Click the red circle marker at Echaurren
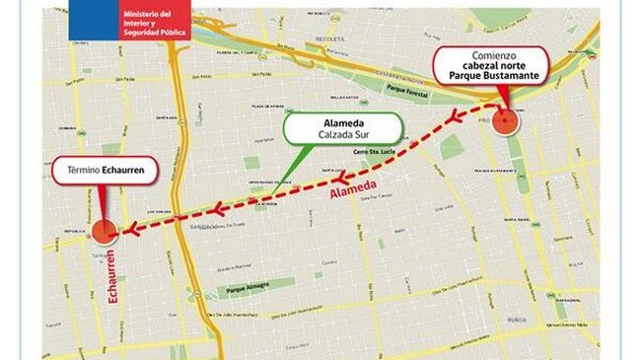pos(103,233)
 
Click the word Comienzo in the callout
pos(493,58)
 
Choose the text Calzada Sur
pos(344,136)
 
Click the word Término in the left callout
pos(82,171)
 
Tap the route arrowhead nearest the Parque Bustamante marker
pos(455,118)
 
